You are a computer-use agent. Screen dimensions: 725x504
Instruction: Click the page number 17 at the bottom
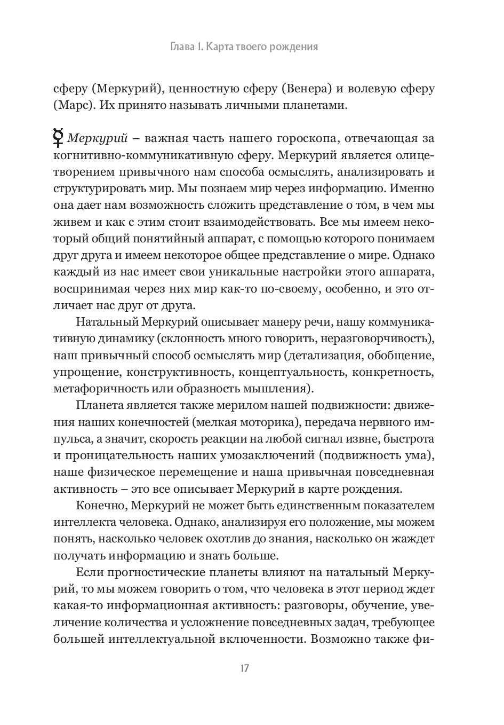[x=245, y=668]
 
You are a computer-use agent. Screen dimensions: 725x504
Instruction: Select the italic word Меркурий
[x=97, y=139]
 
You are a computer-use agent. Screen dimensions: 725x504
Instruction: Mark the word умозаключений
[x=267, y=455]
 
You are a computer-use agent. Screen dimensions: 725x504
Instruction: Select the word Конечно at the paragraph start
[x=101, y=506]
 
